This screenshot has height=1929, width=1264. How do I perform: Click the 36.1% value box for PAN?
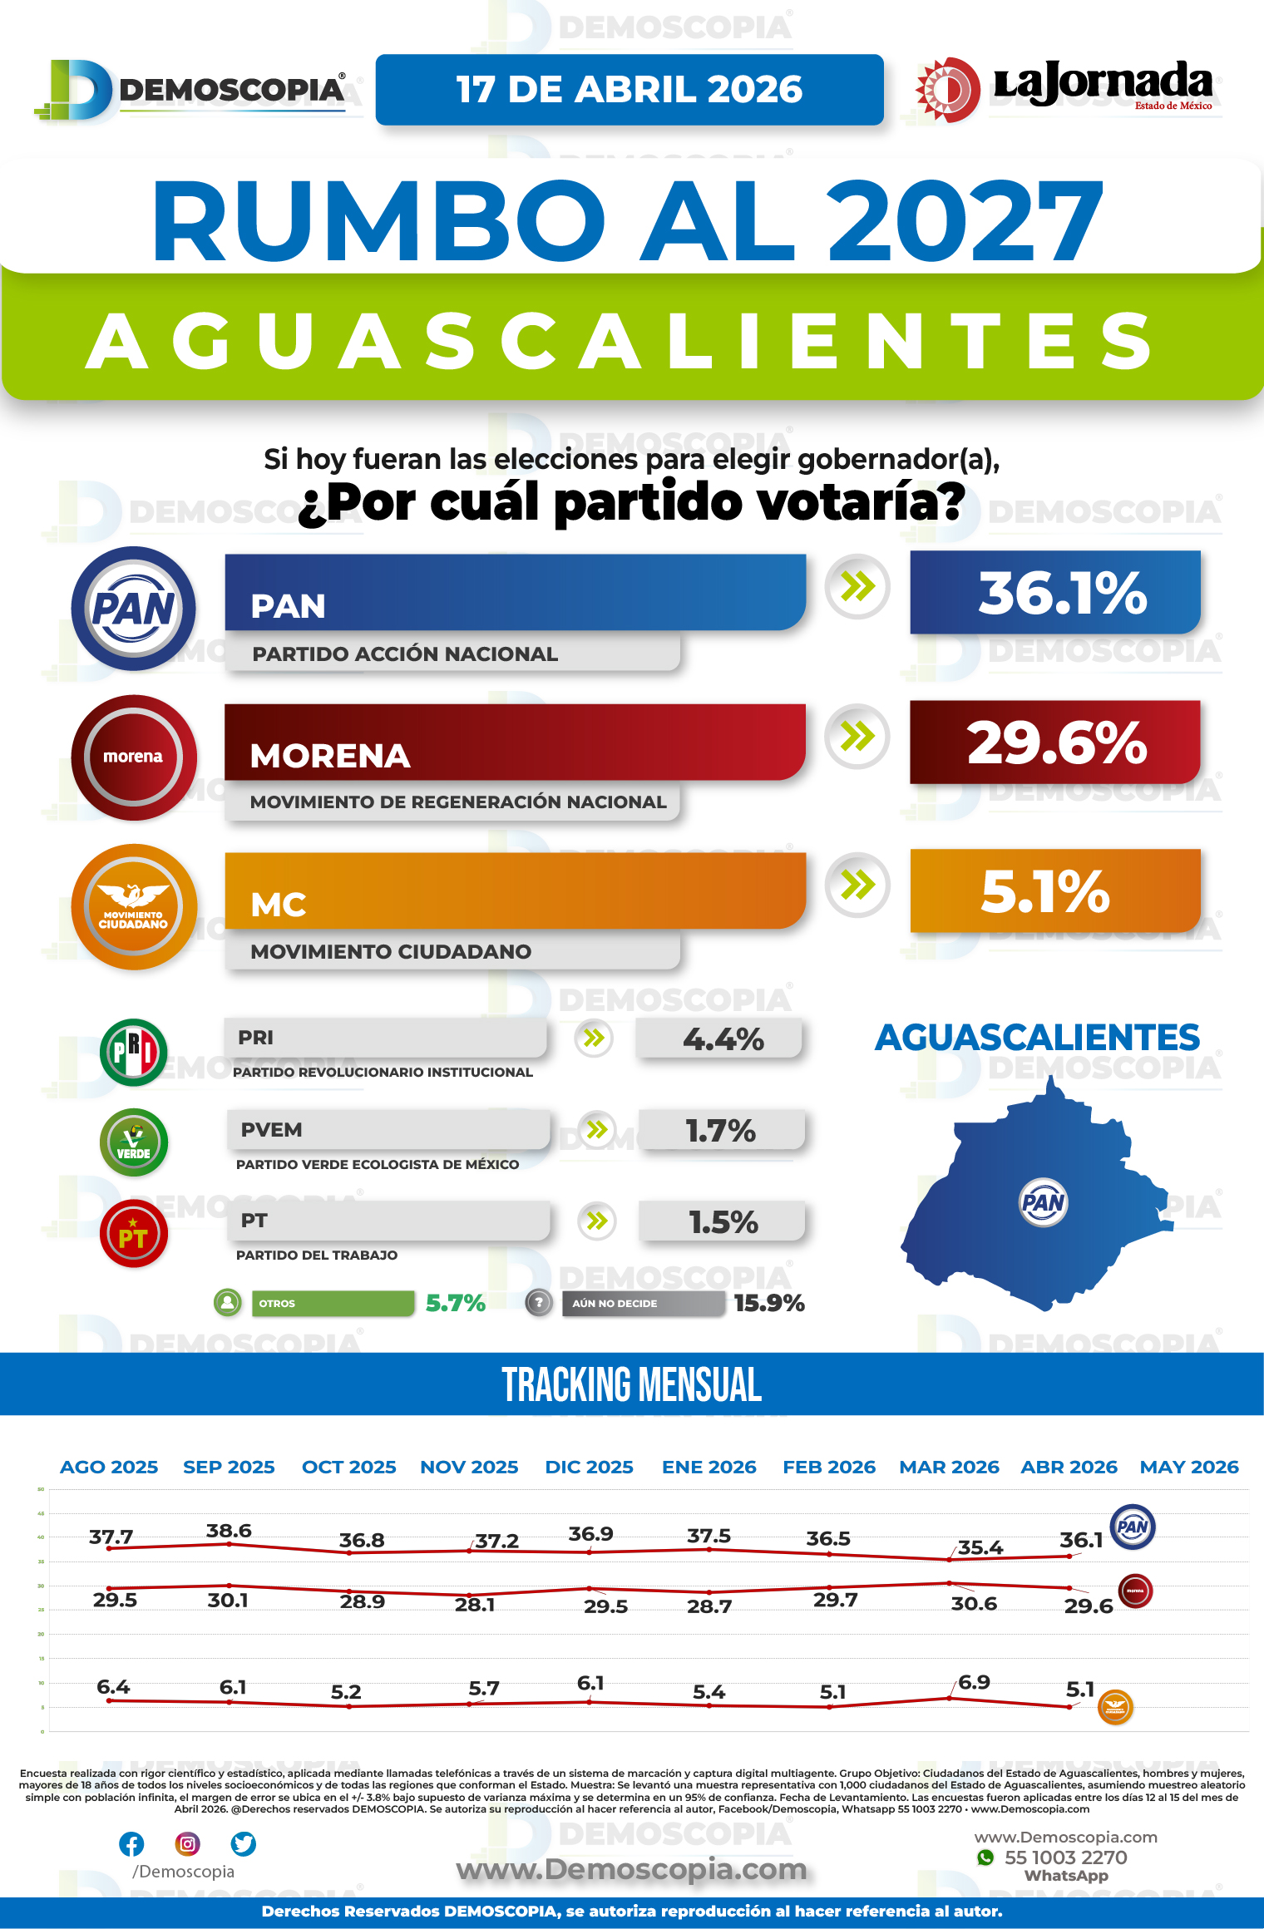pos(1054,593)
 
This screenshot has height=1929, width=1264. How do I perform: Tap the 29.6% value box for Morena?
pos(1054,742)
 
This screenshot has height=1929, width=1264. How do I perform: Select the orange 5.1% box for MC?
pos(1054,890)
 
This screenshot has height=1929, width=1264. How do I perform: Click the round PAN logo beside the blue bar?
pos(133,609)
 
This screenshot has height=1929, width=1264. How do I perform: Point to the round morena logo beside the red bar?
pos(133,757)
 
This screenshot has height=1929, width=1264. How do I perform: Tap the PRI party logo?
pos(133,1052)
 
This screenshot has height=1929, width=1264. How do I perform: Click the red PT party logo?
pos(133,1234)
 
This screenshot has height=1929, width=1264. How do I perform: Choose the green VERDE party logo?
pos(133,1142)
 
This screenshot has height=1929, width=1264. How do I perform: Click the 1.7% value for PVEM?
pos(720,1131)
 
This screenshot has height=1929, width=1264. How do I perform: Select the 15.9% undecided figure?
pos(769,1303)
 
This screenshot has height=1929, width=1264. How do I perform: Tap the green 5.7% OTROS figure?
pos(456,1303)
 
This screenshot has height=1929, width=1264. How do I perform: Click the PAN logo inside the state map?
pos(1043,1201)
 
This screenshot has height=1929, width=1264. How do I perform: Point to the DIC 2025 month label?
pos(589,1467)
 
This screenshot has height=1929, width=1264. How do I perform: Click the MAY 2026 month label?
pos(1189,1467)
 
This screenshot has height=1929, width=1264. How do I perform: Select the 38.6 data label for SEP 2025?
pos(229,1531)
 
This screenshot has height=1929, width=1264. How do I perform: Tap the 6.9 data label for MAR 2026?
pos(974,1682)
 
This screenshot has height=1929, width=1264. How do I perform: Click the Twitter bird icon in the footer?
pos(243,1844)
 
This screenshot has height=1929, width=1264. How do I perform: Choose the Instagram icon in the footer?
pos(188,1844)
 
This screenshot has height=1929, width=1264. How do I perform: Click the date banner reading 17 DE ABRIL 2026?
pos(630,90)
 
